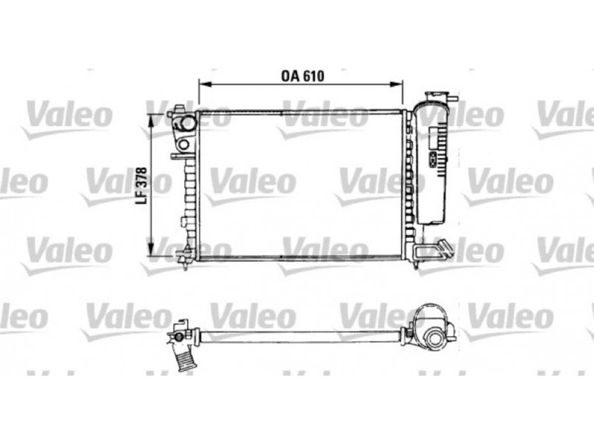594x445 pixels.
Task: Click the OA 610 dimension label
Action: [302, 76]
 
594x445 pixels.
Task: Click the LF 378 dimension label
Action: [142, 186]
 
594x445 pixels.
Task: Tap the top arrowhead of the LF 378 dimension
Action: [151, 120]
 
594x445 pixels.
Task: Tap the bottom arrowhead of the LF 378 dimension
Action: [151, 250]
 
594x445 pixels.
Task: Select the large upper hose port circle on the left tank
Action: [187, 123]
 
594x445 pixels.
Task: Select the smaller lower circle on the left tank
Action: [183, 144]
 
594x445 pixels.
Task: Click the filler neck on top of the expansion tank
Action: [435, 97]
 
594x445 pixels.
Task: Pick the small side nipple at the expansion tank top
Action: [453, 99]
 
